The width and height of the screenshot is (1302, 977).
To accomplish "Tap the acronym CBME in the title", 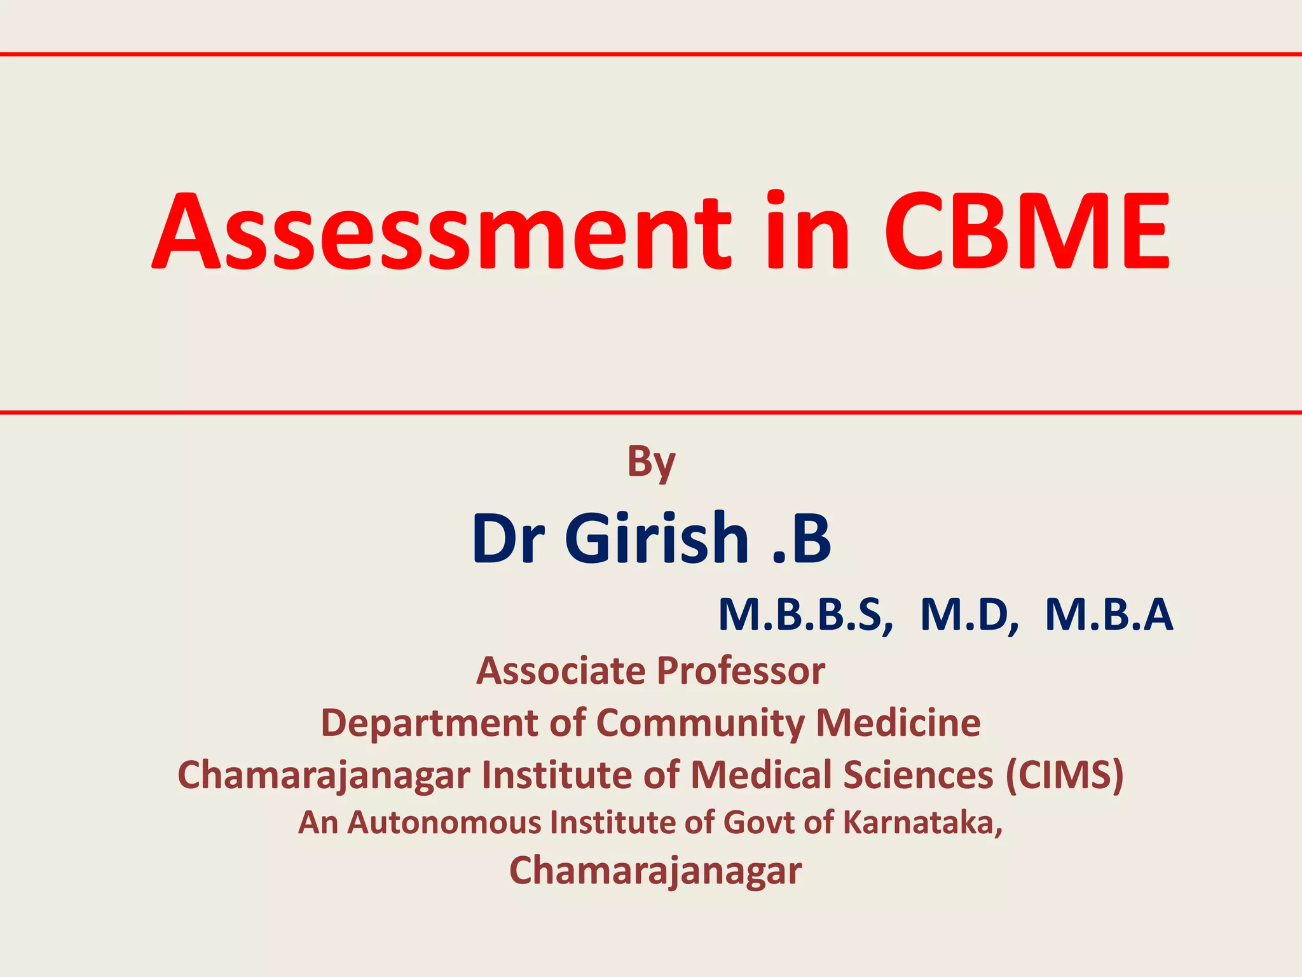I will (1026, 232).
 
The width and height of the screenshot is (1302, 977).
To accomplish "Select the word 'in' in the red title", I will (807, 232).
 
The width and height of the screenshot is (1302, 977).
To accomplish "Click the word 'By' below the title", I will (651, 462).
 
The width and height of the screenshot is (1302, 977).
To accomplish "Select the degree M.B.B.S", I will (805, 615).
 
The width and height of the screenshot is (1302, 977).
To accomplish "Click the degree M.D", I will (969, 615).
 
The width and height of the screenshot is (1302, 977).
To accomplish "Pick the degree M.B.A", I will (1109, 615).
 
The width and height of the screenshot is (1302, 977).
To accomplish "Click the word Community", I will (700, 723).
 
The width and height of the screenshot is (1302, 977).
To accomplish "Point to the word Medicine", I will (898, 723).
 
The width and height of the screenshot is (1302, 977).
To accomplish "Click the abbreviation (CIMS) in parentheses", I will (1064, 775).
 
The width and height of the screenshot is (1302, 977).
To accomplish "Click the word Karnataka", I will (922, 822).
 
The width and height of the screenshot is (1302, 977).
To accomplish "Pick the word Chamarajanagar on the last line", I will (655, 871).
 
